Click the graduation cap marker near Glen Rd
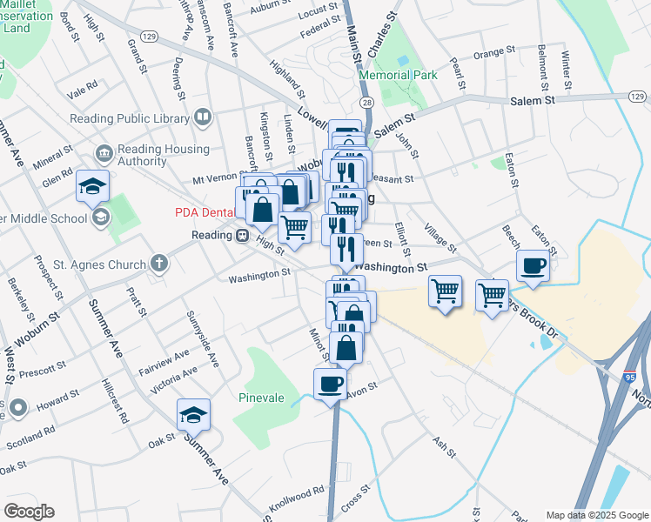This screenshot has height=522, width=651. coord(93,186)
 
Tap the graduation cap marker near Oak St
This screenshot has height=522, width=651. coord(193,415)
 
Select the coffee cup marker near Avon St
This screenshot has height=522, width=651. coord(330,384)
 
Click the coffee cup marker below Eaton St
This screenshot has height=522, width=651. coord(533,264)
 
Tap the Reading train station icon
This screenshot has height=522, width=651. coord(241,235)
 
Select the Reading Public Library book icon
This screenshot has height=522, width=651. coord(203,117)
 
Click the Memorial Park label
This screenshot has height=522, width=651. coord(398,76)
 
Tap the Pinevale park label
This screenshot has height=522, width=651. coord(261,398)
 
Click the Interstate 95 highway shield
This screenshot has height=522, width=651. coord(628,379)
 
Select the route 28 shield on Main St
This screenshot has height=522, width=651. coord(368,103)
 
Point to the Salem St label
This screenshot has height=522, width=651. coord(532,101)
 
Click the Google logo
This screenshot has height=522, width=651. coord(29,512)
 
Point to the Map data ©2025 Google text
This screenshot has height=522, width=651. coord(597,515)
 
